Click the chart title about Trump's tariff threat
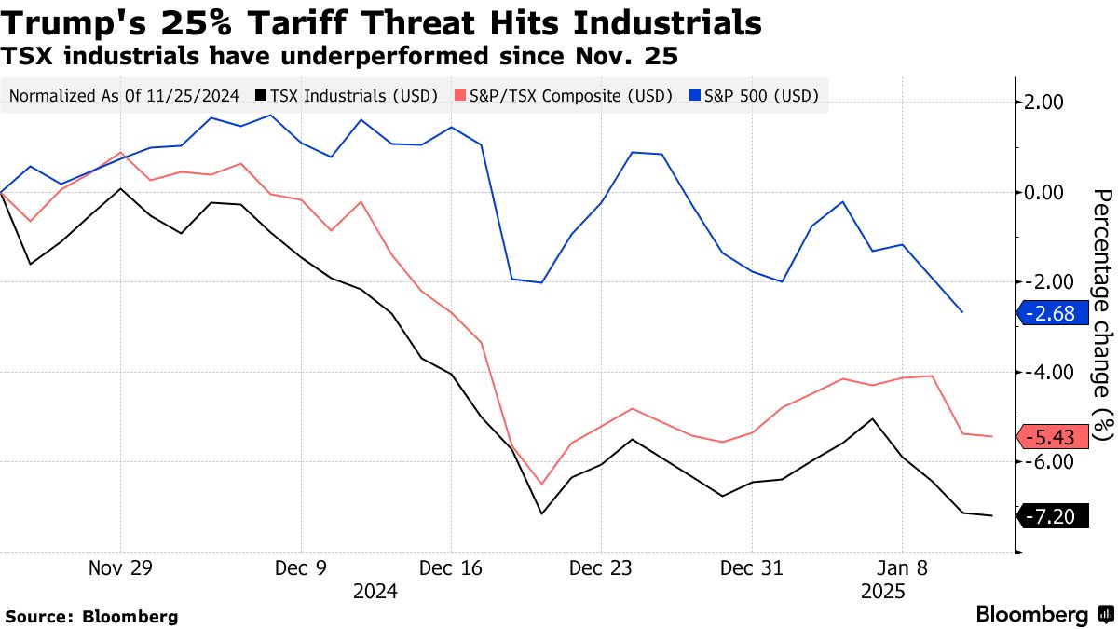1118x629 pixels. point(383,22)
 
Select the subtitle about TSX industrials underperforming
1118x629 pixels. point(340,56)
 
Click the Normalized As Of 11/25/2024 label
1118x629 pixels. point(126,95)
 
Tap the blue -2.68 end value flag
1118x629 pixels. point(1055,314)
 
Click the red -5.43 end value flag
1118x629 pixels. point(1055,437)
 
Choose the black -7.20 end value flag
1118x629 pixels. point(1055,516)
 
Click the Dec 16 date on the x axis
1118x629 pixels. point(451,567)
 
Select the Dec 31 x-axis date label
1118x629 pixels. point(750,567)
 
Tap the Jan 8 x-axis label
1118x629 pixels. point(901,567)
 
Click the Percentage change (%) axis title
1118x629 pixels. point(1103,315)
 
